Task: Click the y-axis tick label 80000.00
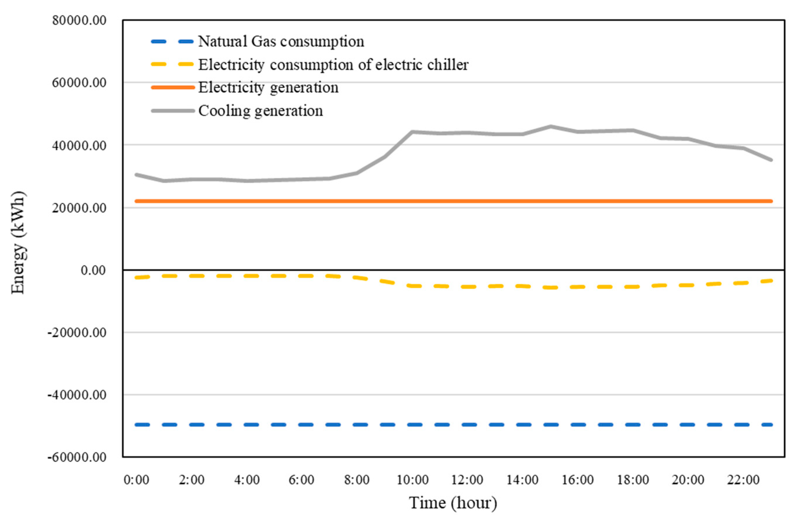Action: pos(79,20)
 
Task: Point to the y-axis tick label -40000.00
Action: pos(77,395)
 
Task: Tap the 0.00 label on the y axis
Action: pos(93,270)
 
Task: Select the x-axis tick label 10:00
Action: pos(412,480)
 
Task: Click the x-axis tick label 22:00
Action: pos(743,480)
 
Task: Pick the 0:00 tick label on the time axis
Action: pos(136,480)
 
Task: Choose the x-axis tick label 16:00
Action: pos(578,480)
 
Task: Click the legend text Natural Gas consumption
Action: pos(281,42)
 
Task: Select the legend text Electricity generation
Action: pos(268,88)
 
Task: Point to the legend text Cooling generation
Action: pos(261,111)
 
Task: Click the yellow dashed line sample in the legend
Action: pos(173,64)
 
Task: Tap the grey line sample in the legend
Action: pos(173,111)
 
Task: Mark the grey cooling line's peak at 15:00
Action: pos(551,126)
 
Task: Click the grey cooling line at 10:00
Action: pos(412,132)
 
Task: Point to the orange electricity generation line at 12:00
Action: pos(468,201)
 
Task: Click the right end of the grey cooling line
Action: pos(771,160)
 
